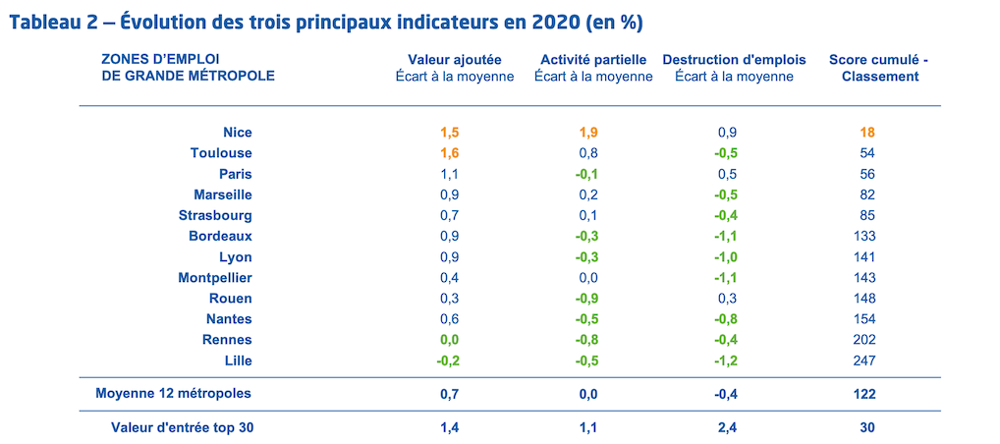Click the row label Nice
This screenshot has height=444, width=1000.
[x=238, y=133]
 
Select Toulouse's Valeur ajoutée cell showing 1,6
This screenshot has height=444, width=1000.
[x=450, y=153]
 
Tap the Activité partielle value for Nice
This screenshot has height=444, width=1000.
[x=588, y=133]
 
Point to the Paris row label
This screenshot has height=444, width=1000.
[x=235, y=174]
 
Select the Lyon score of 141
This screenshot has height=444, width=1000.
[x=864, y=257]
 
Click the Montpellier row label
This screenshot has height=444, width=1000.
[x=215, y=277]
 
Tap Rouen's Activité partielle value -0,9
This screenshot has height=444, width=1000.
[x=585, y=299]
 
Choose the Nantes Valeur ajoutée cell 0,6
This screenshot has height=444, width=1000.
[x=450, y=319]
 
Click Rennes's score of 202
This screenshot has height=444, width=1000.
[x=864, y=340]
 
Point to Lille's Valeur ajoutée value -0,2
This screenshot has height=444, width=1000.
[x=448, y=361]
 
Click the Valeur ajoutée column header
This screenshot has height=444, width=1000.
[x=455, y=60]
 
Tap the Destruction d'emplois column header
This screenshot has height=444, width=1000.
[x=734, y=60]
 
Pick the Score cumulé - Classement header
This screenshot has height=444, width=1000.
[x=878, y=68]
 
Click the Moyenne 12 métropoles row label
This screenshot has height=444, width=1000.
[x=174, y=393]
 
